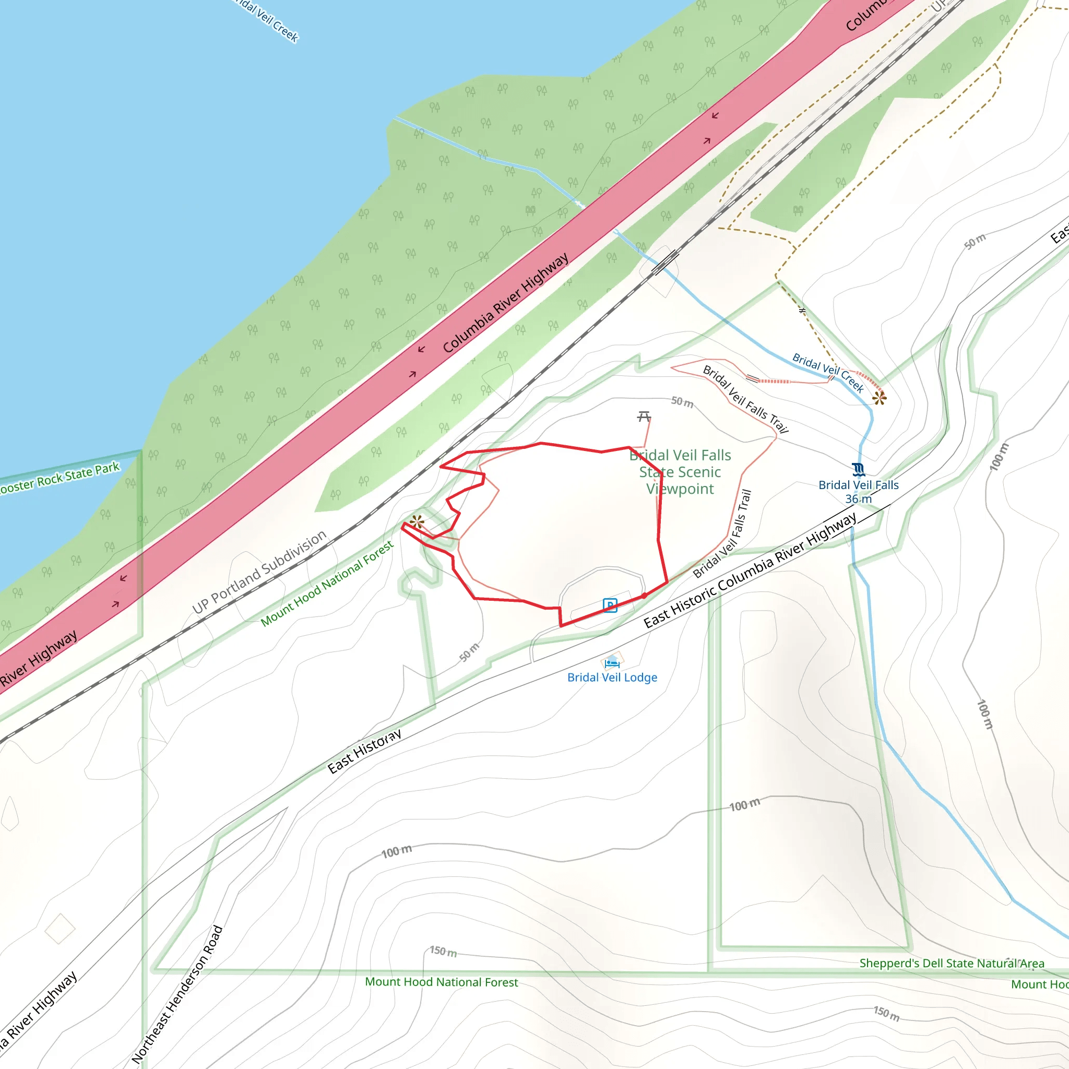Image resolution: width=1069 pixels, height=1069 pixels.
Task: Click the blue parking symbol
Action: coord(610,605)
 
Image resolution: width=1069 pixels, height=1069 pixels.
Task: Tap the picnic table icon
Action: coord(644,416)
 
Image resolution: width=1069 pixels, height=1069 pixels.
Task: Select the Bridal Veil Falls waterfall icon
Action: coord(858,469)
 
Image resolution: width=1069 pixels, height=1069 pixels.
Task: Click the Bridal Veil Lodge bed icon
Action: coord(612,662)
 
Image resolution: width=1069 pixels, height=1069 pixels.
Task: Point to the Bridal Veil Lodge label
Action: coord(612,677)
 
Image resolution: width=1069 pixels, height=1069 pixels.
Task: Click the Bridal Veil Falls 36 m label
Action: coord(858,491)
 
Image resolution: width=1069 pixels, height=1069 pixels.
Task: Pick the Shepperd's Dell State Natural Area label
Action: coord(952,964)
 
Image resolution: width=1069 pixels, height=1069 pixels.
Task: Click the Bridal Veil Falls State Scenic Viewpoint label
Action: coord(680,472)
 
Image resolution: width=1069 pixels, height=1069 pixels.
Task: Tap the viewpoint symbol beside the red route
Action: coord(417,521)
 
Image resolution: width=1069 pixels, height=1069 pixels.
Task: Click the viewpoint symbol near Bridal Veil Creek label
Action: coord(879,398)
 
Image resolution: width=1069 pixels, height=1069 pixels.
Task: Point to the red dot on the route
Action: coord(645,596)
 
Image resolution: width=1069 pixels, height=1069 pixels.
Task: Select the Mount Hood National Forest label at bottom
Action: coord(441,982)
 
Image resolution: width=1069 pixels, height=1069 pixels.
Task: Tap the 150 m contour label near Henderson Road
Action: coord(443,951)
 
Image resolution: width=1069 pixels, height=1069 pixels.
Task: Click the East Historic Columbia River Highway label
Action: coord(750,571)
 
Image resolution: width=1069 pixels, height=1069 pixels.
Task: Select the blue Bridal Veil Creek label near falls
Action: coord(828,372)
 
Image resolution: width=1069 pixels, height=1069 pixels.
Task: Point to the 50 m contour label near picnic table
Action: coord(682,402)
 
